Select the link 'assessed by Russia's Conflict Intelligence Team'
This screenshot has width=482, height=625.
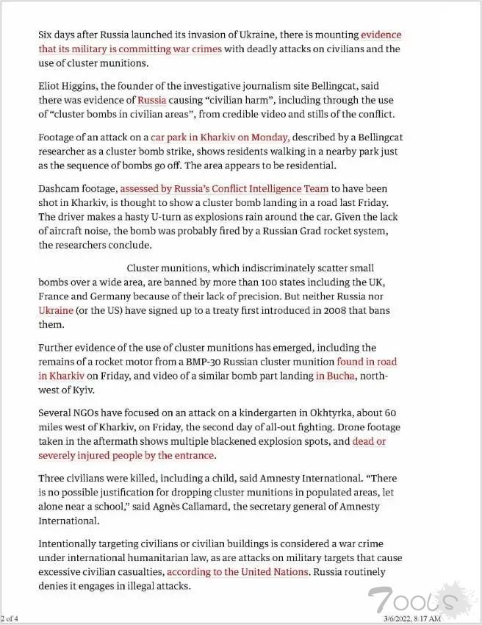tap(224, 189)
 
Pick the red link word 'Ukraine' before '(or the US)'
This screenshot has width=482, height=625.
tap(56, 310)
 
